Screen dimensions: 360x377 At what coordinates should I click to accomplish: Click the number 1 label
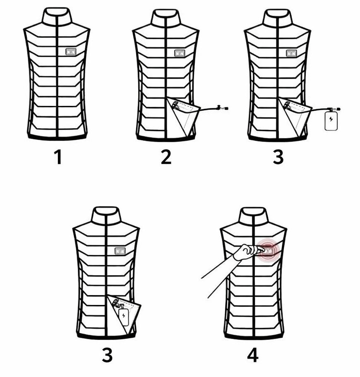(x=58, y=157)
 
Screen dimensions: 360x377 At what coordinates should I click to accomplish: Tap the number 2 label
(x=166, y=157)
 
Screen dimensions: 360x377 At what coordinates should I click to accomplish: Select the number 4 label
(x=253, y=355)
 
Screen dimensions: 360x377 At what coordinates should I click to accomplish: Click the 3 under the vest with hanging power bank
(x=278, y=157)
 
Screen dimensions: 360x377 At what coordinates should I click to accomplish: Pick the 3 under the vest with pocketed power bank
(x=107, y=355)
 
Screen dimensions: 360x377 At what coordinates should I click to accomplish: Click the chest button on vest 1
(x=71, y=52)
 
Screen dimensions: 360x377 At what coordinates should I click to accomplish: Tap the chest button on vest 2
(x=180, y=53)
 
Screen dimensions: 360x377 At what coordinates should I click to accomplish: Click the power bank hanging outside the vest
(x=331, y=120)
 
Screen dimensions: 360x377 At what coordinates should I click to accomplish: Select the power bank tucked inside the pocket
(x=124, y=317)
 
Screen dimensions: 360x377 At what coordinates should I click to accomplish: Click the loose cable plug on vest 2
(x=223, y=108)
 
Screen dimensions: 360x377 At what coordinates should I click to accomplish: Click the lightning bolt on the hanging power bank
(x=331, y=119)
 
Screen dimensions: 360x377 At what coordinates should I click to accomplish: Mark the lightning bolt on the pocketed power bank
(x=124, y=316)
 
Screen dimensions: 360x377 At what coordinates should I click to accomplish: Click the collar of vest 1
(x=57, y=17)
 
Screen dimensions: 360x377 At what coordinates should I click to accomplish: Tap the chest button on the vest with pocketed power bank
(x=120, y=251)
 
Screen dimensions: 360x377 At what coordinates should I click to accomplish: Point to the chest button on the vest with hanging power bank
(x=291, y=53)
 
